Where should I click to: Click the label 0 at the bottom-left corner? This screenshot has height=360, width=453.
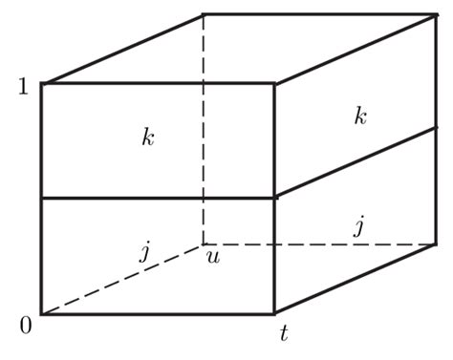[25, 326]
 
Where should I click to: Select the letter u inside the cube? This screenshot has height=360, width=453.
[214, 258]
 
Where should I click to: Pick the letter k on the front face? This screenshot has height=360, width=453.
[147, 138]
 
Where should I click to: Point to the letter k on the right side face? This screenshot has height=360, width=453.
[359, 116]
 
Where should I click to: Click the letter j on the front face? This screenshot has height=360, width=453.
[144, 252]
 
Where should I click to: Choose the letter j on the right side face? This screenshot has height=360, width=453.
[358, 227]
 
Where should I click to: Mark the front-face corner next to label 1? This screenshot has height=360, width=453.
[41, 84]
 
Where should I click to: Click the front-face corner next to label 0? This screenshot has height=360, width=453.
[41, 313]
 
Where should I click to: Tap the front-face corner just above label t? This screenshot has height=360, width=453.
[275, 313]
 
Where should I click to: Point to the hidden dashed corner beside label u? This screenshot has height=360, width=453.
[203, 244]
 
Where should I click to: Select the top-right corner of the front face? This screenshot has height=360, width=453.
[275, 84]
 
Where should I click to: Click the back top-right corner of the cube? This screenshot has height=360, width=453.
[437, 14]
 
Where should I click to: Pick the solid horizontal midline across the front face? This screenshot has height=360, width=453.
[158, 199]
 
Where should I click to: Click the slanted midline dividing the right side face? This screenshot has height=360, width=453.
[356, 162]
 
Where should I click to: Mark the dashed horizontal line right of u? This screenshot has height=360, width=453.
[320, 244]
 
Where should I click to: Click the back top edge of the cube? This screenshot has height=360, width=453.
[320, 14]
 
